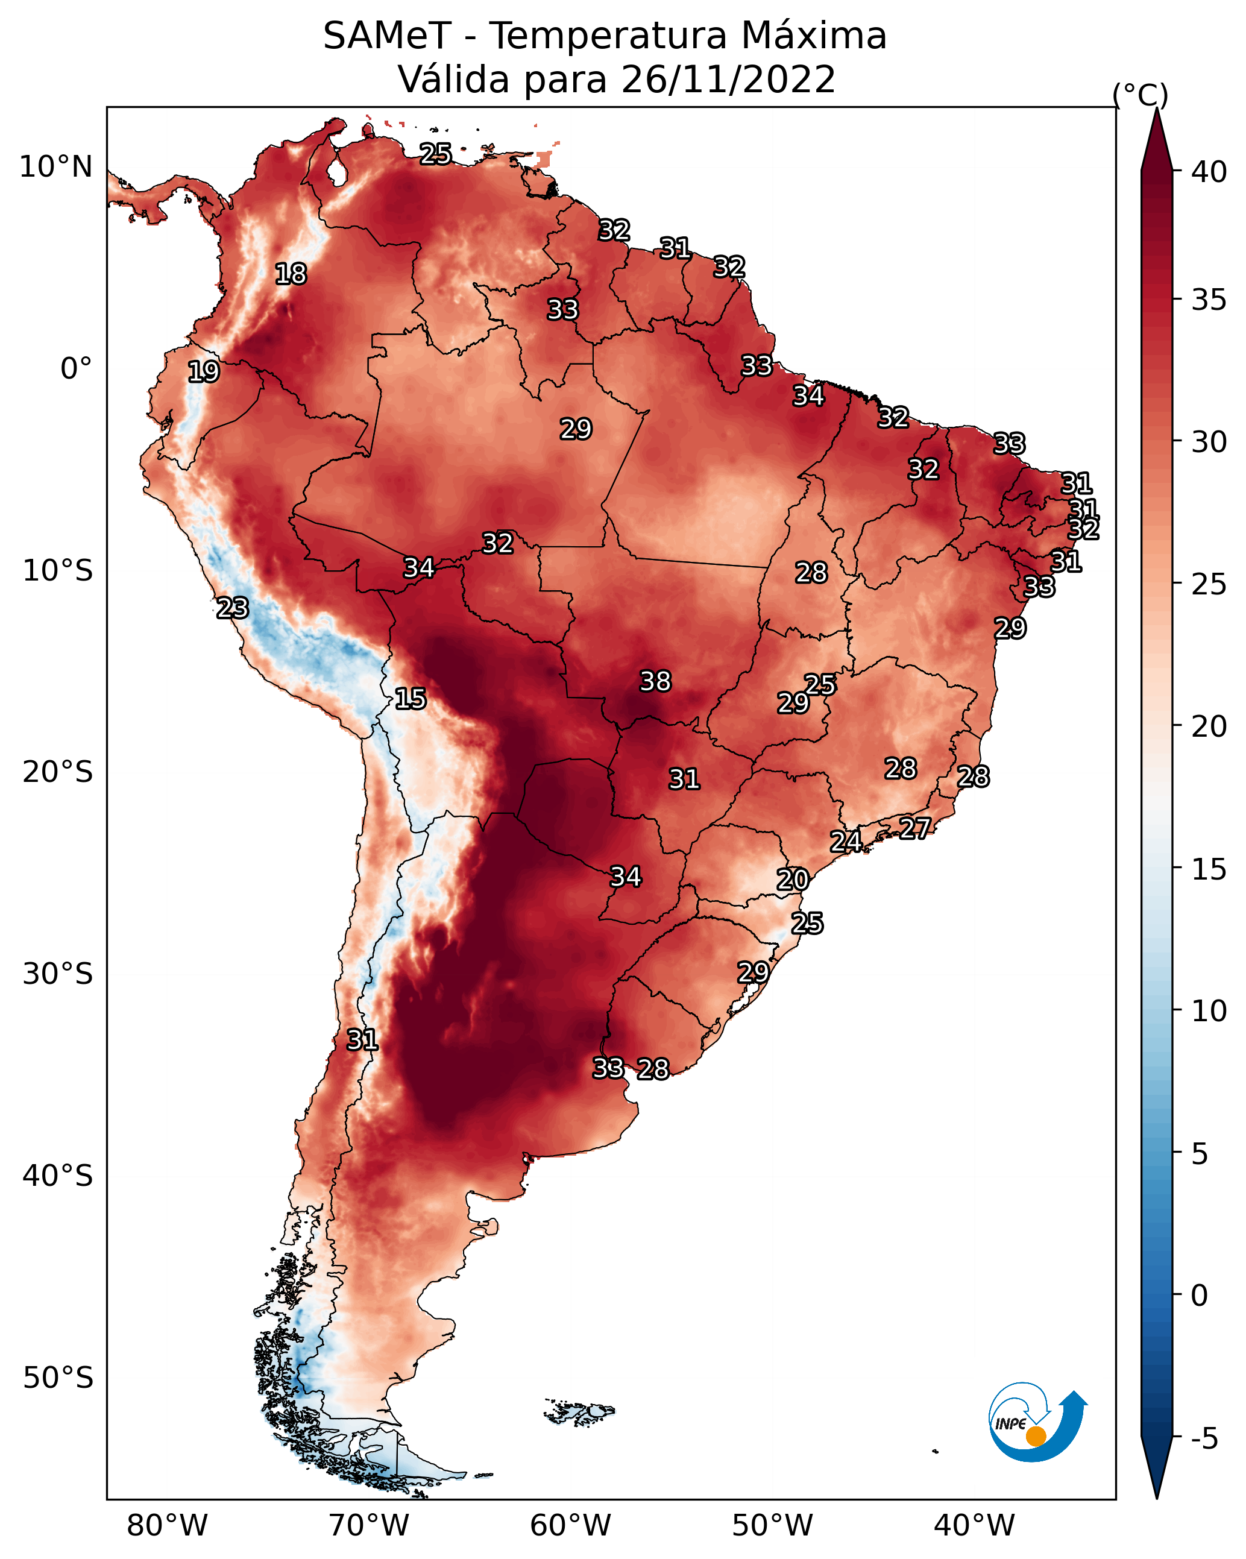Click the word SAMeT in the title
pyautogui.click(x=387, y=36)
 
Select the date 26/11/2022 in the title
pyautogui.click(x=728, y=80)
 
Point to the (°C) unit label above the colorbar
pyautogui.click(x=1140, y=95)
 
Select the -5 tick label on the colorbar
pyautogui.click(x=1203, y=1439)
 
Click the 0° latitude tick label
pyautogui.click(x=77, y=369)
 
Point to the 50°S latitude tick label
pyautogui.click(x=58, y=1378)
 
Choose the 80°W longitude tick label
pyautogui.click(x=167, y=1526)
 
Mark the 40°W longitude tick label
pyautogui.click(x=974, y=1526)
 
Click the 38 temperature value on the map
pyautogui.click(x=655, y=681)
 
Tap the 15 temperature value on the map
pyautogui.click(x=410, y=699)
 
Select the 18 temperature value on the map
pyautogui.click(x=291, y=274)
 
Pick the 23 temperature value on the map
pyautogui.click(x=232, y=608)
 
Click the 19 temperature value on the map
pyautogui.click(x=203, y=372)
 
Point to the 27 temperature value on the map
pyautogui.click(x=915, y=828)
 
